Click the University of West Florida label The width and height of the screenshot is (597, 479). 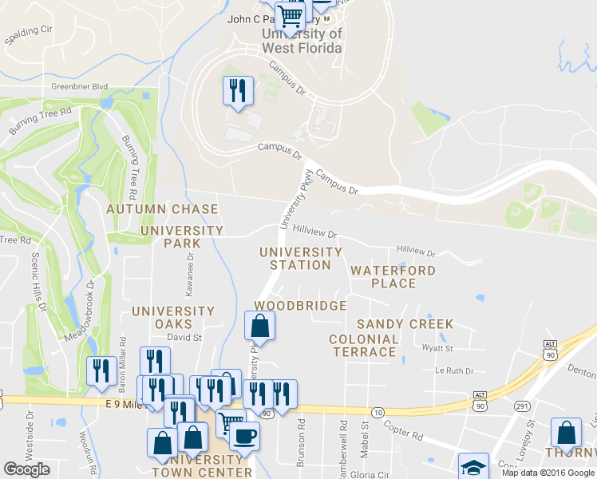pyautogui.click(x=302, y=41)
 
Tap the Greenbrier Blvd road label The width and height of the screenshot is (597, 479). pyautogui.click(x=78, y=86)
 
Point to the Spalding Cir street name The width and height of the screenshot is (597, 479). pyautogui.click(x=29, y=34)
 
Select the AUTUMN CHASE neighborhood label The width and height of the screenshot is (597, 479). pyautogui.click(x=162, y=209)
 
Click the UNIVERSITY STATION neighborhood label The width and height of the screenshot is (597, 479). pyautogui.click(x=301, y=259)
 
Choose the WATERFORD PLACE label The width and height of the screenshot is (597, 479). pyautogui.click(x=393, y=277)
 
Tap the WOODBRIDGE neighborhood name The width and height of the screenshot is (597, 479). pyautogui.click(x=300, y=306)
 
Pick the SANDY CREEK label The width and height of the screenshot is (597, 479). pyautogui.click(x=405, y=324)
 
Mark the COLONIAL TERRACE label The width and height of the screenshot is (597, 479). pyautogui.click(x=364, y=346)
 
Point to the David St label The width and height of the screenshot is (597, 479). pyautogui.click(x=184, y=338)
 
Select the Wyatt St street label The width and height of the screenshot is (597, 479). pyautogui.click(x=437, y=348)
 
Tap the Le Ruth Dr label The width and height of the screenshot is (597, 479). pyautogui.click(x=454, y=371)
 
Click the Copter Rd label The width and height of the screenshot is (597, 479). pyautogui.click(x=407, y=436)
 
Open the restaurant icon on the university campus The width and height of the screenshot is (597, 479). pyautogui.click(x=238, y=91)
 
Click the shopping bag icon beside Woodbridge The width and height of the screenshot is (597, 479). pyautogui.click(x=259, y=326)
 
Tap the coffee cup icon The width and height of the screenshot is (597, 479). pyautogui.click(x=244, y=435)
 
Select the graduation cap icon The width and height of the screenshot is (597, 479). pyautogui.click(x=472, y=466)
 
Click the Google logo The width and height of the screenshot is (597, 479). pyautogui.click(x=27, y=469)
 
